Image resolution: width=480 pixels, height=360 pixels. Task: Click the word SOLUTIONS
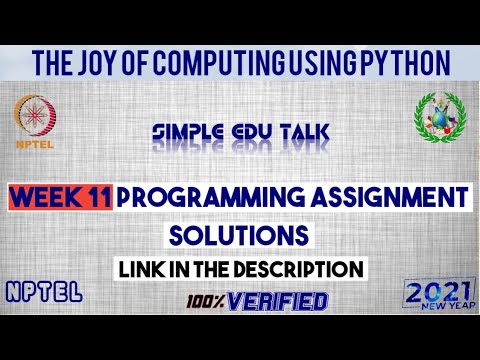point(239,236)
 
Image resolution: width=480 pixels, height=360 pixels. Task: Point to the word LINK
point(142,269)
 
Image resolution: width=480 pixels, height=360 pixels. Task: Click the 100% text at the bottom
point(204,299)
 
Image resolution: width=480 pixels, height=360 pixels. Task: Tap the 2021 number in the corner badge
point(437,293)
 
